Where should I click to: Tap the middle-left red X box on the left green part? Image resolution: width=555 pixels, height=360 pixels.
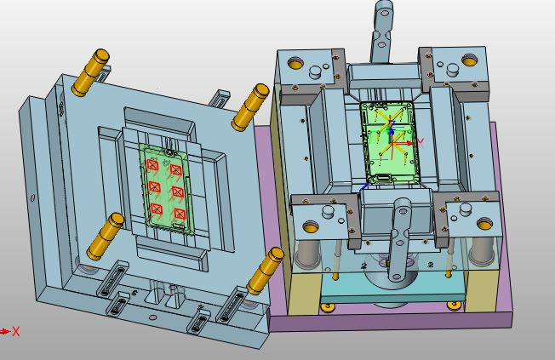click(155, 186)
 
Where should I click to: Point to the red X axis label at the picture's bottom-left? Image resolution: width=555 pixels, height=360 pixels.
click(15, 332)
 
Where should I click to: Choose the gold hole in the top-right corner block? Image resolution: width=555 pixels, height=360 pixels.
click(468, 61)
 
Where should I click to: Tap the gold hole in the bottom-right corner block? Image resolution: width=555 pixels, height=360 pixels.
click(485, 225)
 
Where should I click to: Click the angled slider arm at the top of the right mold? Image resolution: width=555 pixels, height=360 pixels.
click(382, 30)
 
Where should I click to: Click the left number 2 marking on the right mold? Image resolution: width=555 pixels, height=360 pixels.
click(363, 266)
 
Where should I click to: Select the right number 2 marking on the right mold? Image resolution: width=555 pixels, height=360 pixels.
click(432, 265)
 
